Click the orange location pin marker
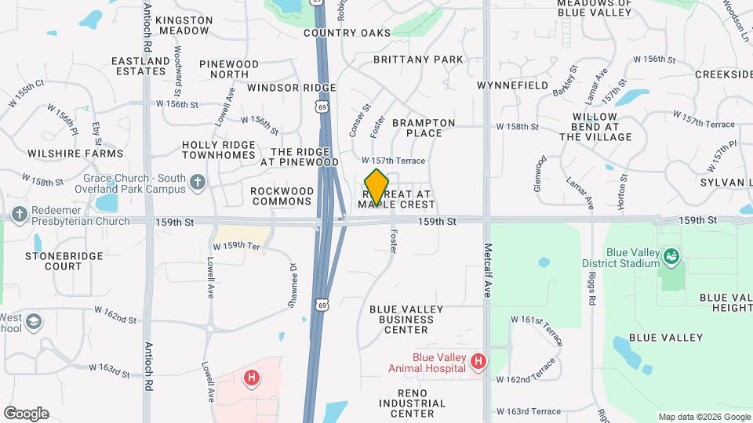pyautogui.click(x=376, y=186)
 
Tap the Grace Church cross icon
pyautogui.click(x=198, y=183)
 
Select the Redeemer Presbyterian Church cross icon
pyautogui.click(x=18, y=214)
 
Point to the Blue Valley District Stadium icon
pyautogui.click(x=671, y=255)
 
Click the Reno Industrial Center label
pyautogui.click(x=405, y=408)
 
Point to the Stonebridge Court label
pyautogui.click(x=53, y=261)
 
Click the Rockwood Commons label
pyautogui.click(x=282, y=196)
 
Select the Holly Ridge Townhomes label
pyautogui.click(x=219, y=150)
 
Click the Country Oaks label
pyautogui.click(x=347, y=33)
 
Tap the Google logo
pyautogui.click(x=25, y=414)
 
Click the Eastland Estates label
pyautogui.click(x=141, y=66)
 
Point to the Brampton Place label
pyautogui.click(x=424, y=128)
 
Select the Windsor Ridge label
pyautogui.click(x=291, y=88)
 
